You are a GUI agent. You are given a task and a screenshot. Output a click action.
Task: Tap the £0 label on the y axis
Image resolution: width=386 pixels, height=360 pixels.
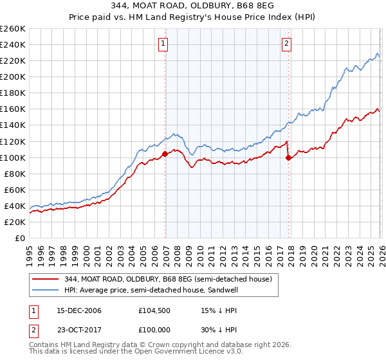[21, 238]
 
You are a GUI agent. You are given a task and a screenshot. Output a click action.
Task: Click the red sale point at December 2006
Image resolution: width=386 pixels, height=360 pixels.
[165, 154]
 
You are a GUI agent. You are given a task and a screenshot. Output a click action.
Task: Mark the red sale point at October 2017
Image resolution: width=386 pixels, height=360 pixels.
[288, 157]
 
